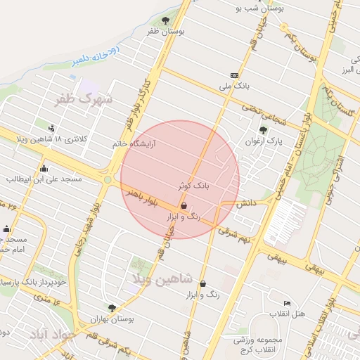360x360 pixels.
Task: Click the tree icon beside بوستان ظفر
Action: pos(166,20)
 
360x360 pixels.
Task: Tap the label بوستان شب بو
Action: pos(260,8)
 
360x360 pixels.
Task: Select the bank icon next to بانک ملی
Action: pos(234,76)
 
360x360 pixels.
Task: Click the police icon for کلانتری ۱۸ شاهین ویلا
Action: pos(51,127)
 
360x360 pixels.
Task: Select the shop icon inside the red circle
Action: pos(184,206)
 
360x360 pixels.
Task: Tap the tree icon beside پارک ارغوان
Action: pos(263,130)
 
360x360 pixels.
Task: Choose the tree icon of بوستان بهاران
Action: pos(112,307)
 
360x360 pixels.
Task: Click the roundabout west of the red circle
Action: pos(108,180)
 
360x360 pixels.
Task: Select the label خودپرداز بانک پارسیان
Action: pos(33,282)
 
